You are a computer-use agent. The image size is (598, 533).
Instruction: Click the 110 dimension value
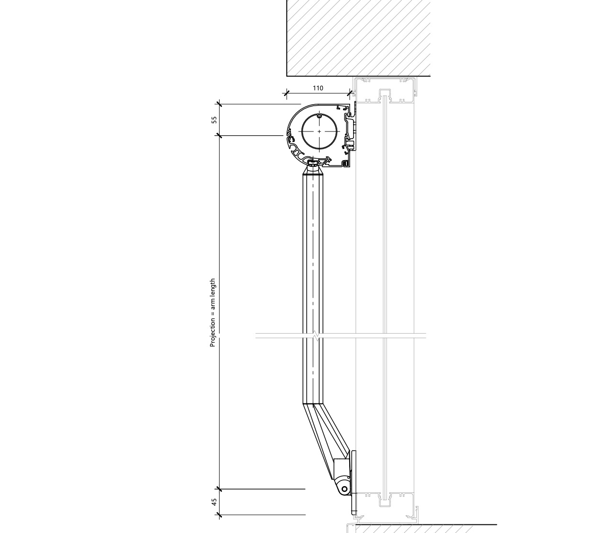318,88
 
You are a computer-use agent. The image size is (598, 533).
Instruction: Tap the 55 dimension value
214,120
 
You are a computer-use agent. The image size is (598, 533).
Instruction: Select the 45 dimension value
214,502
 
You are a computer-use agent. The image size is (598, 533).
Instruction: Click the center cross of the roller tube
319,131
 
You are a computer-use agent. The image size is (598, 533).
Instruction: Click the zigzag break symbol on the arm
315,336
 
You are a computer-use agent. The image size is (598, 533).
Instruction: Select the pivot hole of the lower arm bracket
344,489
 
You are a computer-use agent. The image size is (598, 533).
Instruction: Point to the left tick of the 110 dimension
287,94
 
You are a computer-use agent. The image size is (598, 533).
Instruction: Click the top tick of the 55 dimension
219,104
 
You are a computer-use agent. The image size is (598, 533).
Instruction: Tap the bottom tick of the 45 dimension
219,515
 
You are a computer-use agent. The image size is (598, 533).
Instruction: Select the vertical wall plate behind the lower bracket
354,483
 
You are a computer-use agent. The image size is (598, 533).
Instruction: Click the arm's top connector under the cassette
314,166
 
